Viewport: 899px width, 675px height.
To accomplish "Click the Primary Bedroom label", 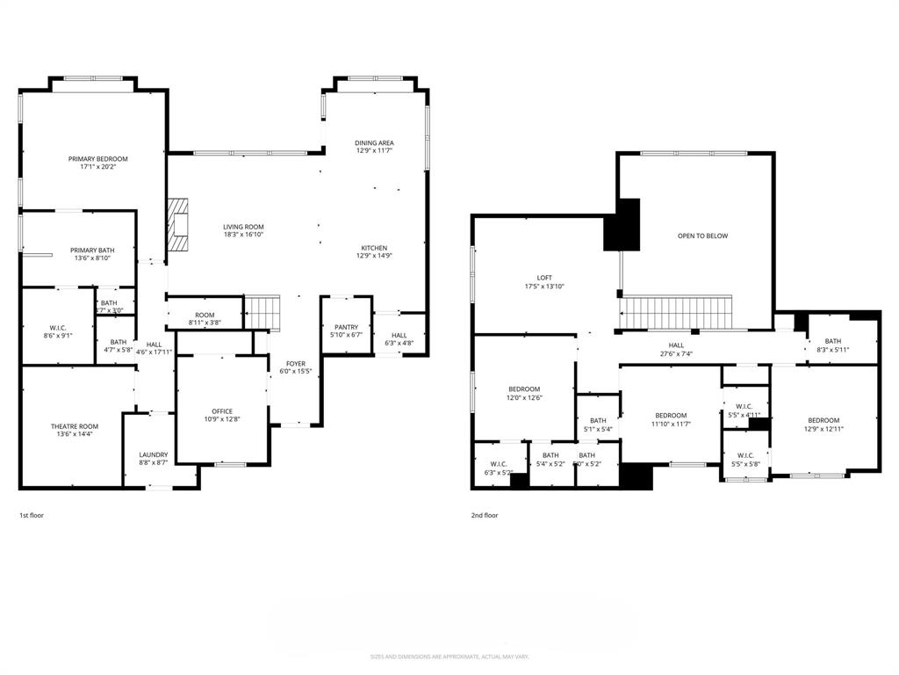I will (x=98, y=159).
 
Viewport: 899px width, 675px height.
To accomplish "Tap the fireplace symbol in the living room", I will (x=180, y=226).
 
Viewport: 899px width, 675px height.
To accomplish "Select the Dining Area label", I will (x=374, y=142).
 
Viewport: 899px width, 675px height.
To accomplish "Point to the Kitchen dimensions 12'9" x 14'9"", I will (x=374, y=256).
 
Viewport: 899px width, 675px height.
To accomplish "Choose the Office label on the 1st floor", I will (x=222, y=410).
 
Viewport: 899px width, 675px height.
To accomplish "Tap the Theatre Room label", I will (x=75, y=426).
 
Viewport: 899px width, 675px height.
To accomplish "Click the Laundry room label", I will (x=153, y=454).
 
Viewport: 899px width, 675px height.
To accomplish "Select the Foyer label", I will (x=296, y=363).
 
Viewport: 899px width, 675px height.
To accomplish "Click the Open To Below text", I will (x=702, y=236).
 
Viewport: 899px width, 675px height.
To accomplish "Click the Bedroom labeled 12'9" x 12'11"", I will (x=823, y=420).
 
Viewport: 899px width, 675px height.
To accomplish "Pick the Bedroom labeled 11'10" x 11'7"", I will (x=671, y=415).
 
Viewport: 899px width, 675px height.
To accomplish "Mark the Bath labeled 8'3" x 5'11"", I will (x=832, y=341).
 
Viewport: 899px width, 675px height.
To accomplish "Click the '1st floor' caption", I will (x=32, y=515).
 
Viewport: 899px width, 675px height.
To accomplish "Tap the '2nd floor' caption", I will (x=485, y=515).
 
